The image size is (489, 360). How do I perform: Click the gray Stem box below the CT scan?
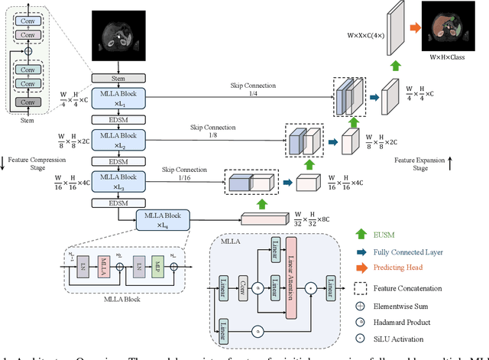pos(113,78)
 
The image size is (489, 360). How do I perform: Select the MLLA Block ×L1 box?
pos(113,102)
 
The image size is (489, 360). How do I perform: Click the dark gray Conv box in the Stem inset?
pos(27,102)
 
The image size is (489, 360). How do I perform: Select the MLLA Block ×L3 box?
pos(113,182)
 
